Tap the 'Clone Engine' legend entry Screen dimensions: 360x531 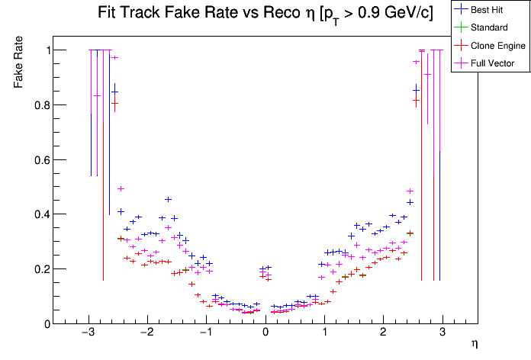[491, 46]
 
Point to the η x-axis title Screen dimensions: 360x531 [475, 345]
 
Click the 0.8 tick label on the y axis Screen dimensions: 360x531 [40, 105]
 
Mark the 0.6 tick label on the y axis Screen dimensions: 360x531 [40, 159]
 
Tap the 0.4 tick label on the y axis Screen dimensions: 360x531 [40, 214]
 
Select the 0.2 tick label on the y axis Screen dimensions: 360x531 [40, 269]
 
